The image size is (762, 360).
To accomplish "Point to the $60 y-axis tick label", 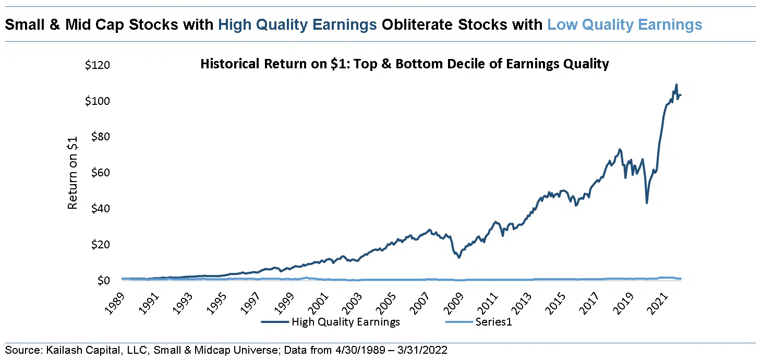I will click(98, 173).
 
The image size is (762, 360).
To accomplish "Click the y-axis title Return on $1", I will click(72, 173).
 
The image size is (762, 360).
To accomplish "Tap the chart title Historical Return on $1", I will click(405, 64).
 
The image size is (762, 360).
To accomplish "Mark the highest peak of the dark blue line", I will click(676, 85).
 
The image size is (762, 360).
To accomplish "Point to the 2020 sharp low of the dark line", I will click(647, 202).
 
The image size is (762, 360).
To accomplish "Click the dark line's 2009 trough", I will click(458, 257).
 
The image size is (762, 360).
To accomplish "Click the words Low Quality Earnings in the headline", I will click(624, 25).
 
